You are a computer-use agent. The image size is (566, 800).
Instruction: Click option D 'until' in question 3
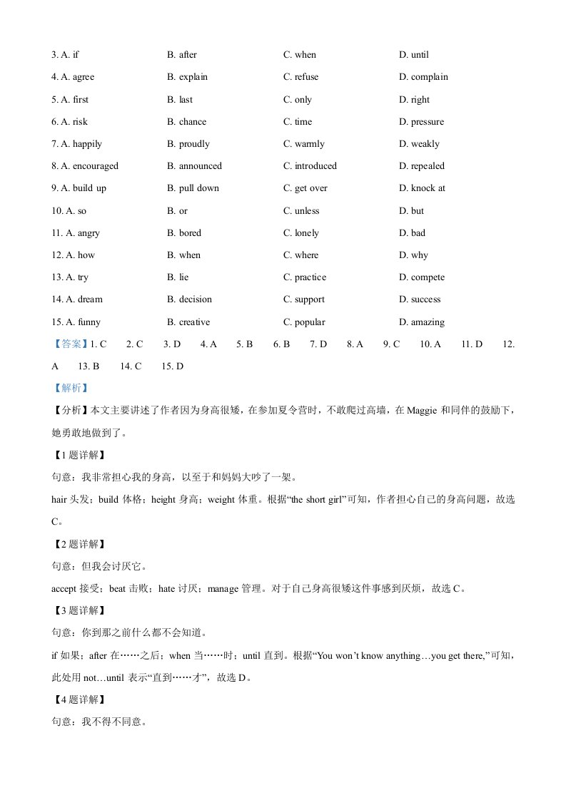(x=414, y=55)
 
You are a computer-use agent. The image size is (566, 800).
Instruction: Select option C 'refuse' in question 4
(x=301, y=77)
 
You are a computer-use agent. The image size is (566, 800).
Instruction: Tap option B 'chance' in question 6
(x=187, y=122)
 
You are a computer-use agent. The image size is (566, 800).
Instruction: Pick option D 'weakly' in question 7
(x=419, y=144)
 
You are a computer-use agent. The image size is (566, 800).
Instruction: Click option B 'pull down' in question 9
(x=193, y=188)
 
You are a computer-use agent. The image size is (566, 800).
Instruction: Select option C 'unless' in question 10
(x=301, y=211)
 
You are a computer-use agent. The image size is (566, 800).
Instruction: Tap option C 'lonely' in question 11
(x=301, y=233)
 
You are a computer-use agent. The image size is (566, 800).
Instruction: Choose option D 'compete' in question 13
(x=422, y=277)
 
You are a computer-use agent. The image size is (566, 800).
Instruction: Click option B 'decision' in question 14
(x=190, y=299)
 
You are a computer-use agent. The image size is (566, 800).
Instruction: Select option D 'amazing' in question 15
(x=422, y=322)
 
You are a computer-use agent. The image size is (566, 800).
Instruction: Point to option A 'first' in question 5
(x=75, y=100)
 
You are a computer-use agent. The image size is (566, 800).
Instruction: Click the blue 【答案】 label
(x=70, y=344)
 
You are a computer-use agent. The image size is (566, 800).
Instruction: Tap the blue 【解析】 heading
(x=70, y=389)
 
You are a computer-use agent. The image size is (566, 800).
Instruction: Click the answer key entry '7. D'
(x=318, y=344)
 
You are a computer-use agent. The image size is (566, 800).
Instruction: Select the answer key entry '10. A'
(x=430, y=344)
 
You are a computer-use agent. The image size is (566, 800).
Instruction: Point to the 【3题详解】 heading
(x=79, y=611)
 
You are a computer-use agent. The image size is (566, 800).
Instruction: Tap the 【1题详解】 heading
(x=79, y=455)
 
